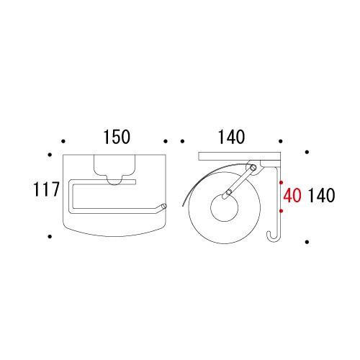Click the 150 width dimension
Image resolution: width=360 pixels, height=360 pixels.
(117, 137)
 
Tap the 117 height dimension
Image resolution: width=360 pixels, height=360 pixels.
(46, 189)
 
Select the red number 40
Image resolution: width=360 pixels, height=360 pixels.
(292, 195)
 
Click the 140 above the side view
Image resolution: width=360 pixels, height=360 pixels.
(231, 137)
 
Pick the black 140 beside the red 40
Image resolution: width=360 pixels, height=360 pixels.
(321, 195)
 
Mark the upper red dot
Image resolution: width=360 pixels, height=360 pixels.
(282, 182)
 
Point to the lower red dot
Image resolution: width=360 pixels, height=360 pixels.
(282, 211)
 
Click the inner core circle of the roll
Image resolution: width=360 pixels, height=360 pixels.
(225, 208)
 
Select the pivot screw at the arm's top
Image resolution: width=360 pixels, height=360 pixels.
(253, 168)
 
